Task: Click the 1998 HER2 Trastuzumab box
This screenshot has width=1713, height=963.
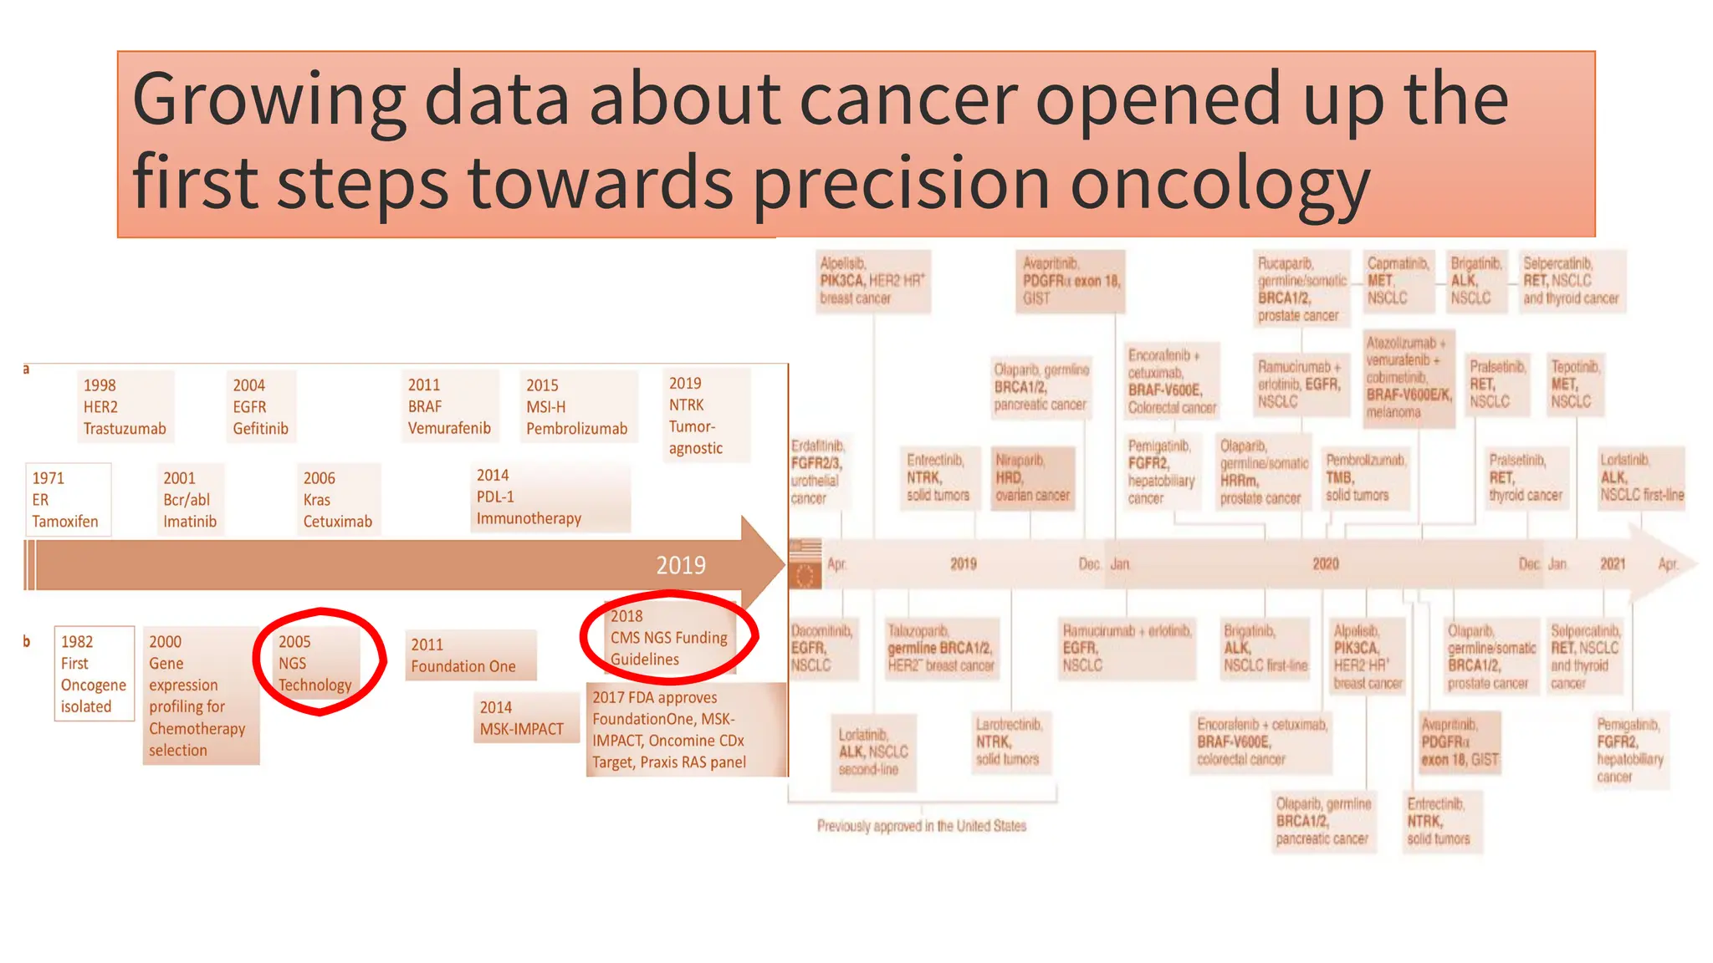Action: [125, 407]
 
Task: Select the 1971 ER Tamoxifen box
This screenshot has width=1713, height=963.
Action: [67, 500]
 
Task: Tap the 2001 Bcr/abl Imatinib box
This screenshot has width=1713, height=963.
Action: [191, 500]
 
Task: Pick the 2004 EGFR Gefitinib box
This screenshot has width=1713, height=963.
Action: [260, 407]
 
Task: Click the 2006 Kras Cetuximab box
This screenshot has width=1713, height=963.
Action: [338, 500]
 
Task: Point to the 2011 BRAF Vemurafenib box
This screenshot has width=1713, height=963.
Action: [449, 407]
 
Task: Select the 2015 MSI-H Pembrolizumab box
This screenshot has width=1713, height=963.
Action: [576, 407]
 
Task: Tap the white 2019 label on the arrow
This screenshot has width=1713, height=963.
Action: [681, 566]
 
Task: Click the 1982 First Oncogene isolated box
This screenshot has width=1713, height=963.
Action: [94, 674]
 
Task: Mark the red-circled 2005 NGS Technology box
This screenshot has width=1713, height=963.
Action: [316, 664]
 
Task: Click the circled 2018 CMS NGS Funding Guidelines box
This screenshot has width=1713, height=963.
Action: [669, 638]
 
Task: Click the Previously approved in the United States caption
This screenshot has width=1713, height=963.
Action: [921, 826]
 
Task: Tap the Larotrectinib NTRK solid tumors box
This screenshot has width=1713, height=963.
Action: [1010, 741]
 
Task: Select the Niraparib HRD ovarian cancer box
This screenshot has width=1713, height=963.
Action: [1032, 478]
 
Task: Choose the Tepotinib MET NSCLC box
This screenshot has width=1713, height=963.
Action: [1575, 384]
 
